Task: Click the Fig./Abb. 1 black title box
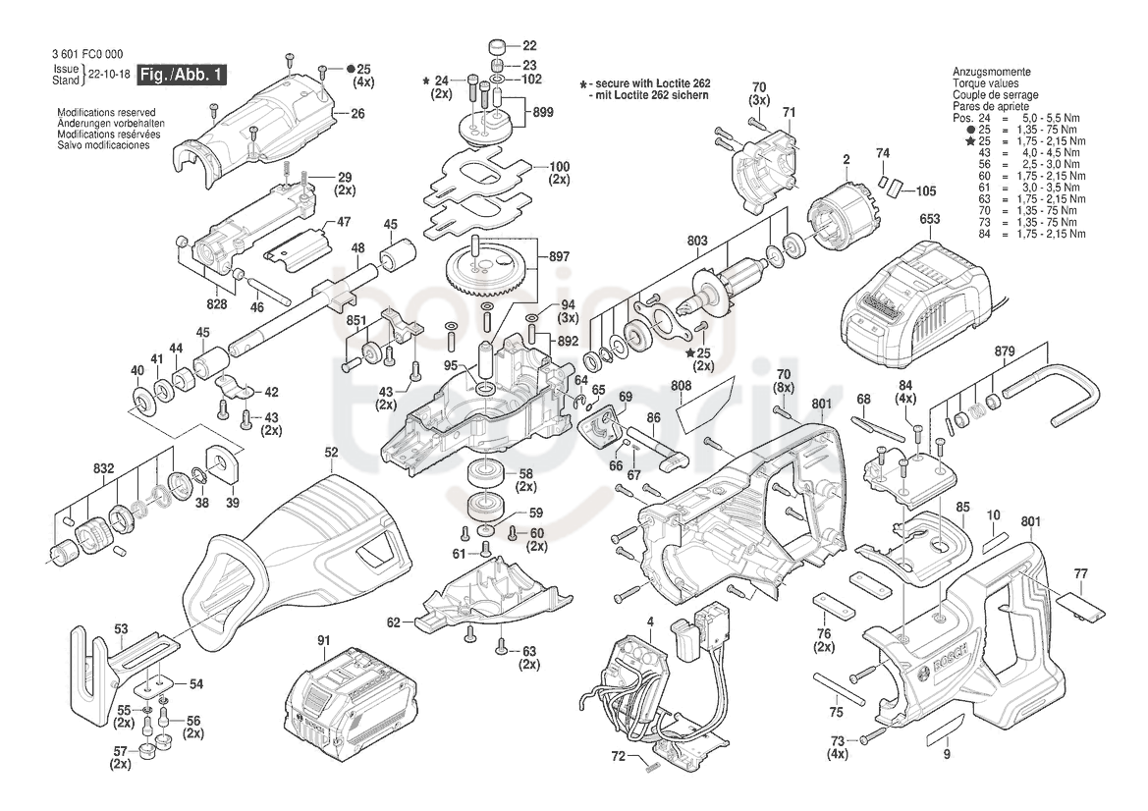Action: (182, 74)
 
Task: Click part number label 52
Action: (332, 453)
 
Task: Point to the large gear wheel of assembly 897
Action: (486, 271)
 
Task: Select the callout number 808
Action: (681, 385)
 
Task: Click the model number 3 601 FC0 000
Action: (87, 54)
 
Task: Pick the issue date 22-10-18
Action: (109, 74)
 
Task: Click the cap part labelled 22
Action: (500, 46)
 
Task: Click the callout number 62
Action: (394, 622)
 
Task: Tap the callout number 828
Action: (217, 304)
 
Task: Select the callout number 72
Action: (619, 756)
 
